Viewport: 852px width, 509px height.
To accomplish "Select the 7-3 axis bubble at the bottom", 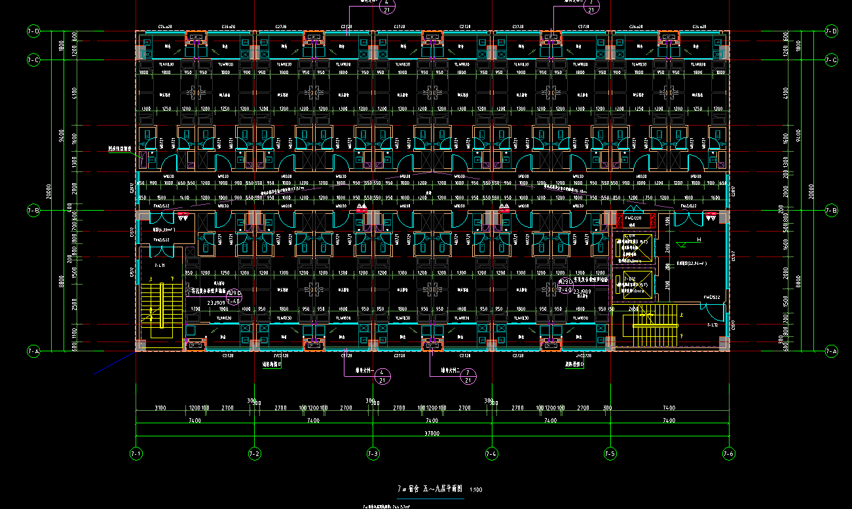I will tap(373, 453).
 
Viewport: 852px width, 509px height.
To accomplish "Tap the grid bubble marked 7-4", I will tap(492, 453).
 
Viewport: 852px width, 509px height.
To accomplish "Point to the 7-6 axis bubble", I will tap(728, 453).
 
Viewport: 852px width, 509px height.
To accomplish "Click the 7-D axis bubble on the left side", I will tap(33, 31).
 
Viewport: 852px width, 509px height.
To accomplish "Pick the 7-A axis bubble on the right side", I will tap(831, 351).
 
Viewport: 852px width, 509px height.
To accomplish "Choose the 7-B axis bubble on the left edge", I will tap(33, 211).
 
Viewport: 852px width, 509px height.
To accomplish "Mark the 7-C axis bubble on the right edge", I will tap(831, 60).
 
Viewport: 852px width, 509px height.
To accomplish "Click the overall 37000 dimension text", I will tap(432, 433).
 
